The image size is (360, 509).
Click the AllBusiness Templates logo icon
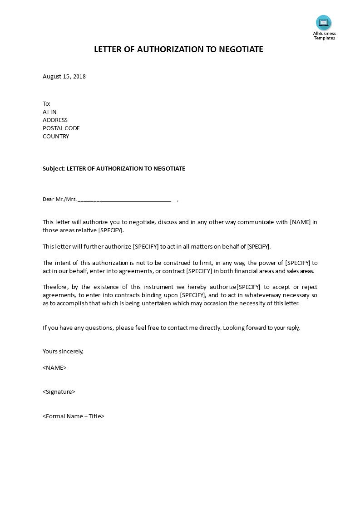(324, 23)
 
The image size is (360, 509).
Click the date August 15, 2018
(64, 77)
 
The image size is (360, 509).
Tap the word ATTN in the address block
(49, 112)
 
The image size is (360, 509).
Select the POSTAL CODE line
(61, 128)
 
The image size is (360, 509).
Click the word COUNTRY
(56, 137)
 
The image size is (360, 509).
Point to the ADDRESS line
(55, 120)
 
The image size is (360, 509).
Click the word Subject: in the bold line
(54, 169)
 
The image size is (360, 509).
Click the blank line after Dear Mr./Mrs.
(124, 199)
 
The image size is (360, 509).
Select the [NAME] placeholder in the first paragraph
(300, 222)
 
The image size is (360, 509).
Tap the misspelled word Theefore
(55, 287)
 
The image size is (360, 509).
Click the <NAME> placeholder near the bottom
(54, 367)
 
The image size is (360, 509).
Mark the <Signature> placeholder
(59, 392)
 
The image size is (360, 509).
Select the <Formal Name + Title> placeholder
(74, 416)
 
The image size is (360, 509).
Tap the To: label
(46, 104)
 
